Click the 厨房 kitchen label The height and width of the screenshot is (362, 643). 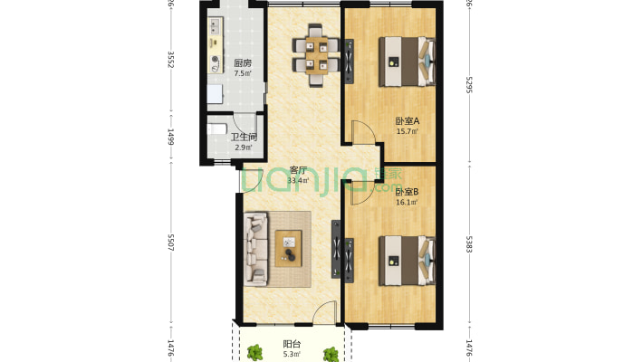pyautogui.click(x=242, y=63)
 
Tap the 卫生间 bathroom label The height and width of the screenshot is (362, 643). pyautogui.click(x=243, y=137)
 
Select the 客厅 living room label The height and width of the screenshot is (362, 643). pyautogui.click(x=298, y=169)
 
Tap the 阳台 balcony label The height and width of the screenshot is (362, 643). pyautogui.click(x=292, y=344)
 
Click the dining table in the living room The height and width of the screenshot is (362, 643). pyautogui.click(x=317, y=57)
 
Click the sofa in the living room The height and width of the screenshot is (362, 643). pyautogui.click(x=254, y=249)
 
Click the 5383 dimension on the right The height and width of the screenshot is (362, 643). pyautogui.click(x=469, y=244)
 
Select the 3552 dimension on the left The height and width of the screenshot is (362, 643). pyautogui.click(x=170, y=60)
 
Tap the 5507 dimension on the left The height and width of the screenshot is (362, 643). pyautogui.click(x=170, y=244)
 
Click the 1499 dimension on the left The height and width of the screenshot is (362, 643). pyautogui.click(x=170, y=137)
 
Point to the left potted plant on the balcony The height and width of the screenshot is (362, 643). pyautogui.click(x=255, y=353)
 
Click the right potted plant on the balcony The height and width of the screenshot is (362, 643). pyautogui.click(x=331, y=354)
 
